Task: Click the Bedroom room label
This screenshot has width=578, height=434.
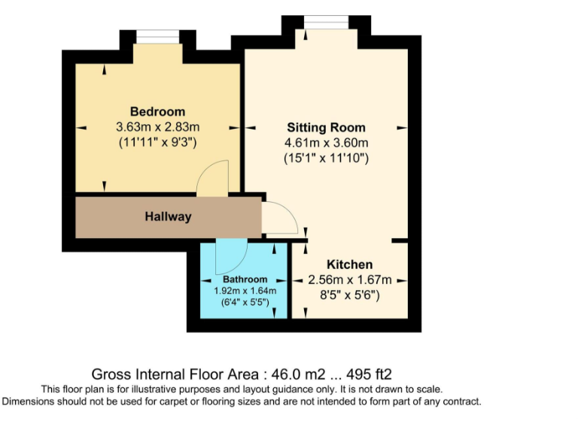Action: (x=157, y=112)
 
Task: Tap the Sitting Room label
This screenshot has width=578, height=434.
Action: (x=326, y=127)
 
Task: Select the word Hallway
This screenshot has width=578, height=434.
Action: (x=168, y=217)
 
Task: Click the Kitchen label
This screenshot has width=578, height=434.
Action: (x=349, y=264)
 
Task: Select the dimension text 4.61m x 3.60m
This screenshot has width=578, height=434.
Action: (x=326, y=143)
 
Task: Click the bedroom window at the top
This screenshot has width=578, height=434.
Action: (x=157, y=36)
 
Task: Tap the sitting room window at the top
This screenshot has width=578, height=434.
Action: (x=326, y=20)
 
